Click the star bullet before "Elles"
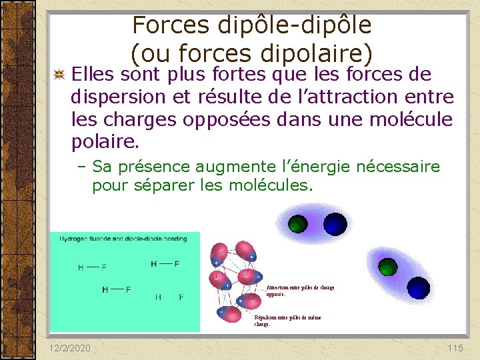pyautogui.click(x=59, y=74)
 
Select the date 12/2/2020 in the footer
pyautogui.click(x=70, y=348)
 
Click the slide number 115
pyautogui.click(x=455, y=348)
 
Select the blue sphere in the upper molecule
pyautogui.click(x=335, y=225)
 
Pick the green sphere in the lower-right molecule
pyautogui.click(x=387, y=269)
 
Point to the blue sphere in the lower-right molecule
pyautogui.click(x=419, y=287)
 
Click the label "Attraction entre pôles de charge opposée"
pyautogui.click(x=300, y=290)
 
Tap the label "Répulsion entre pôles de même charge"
pyautogui.click(x=287, y=321)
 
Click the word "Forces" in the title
pyautogui.click(x=170, y=25)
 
